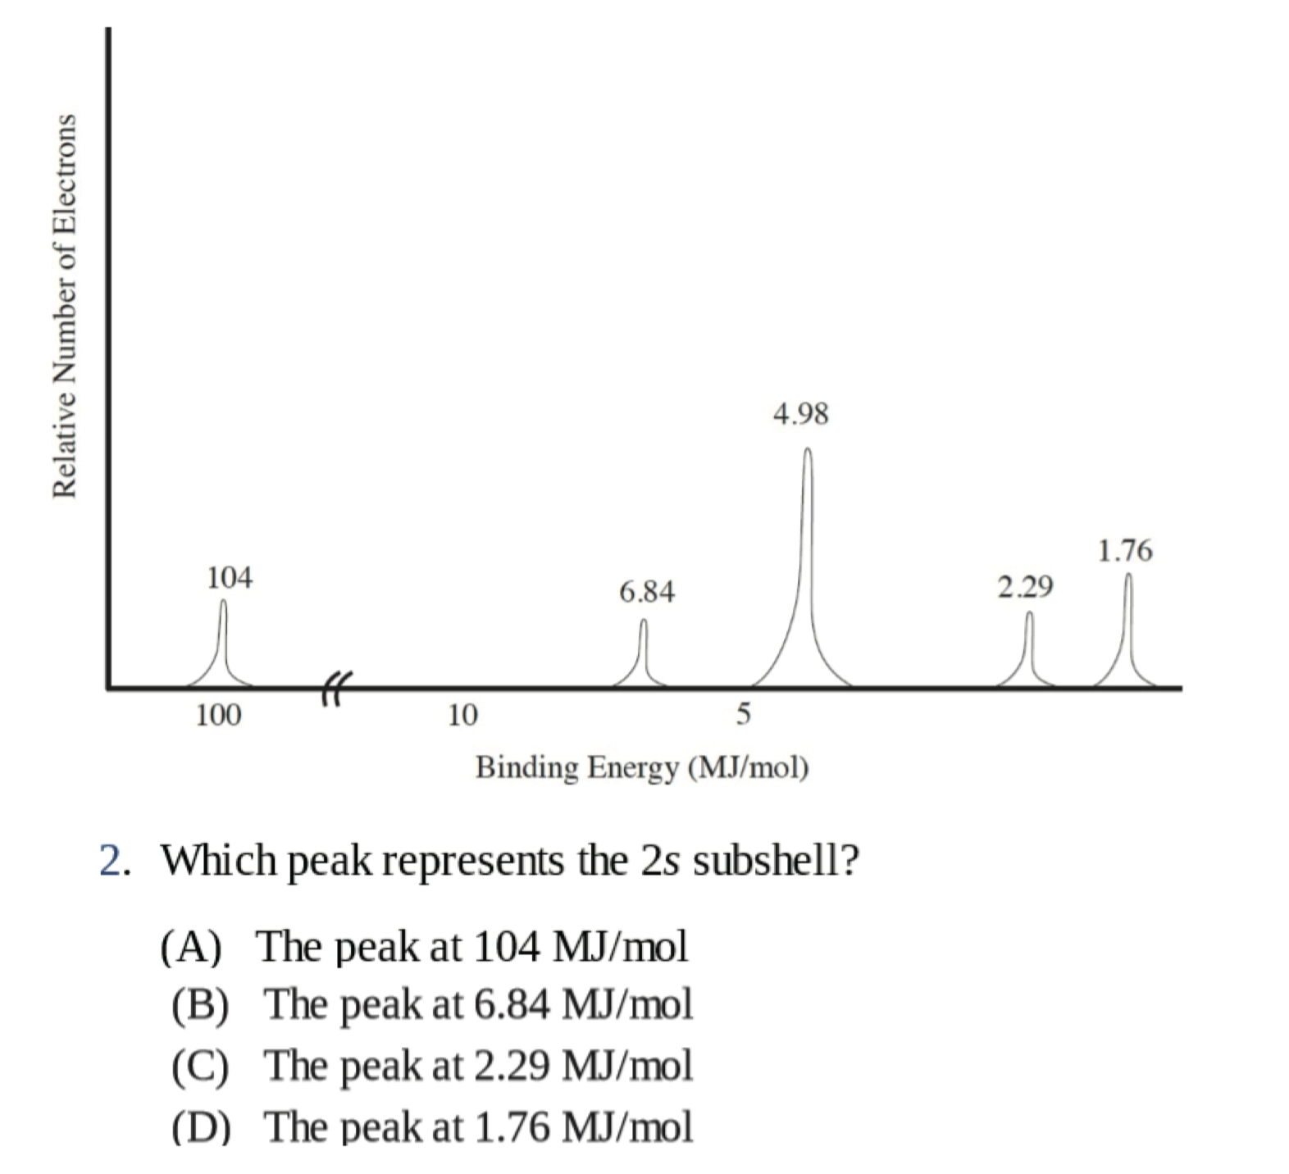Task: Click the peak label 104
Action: click(230, 578)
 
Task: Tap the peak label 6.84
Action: click(647, 591)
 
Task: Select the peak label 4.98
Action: click(801, 414)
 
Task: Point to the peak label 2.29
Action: click(1025, 587)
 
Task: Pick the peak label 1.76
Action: click(1125, 551)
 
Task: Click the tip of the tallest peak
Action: click(808, 450)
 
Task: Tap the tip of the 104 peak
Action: click(223, 602)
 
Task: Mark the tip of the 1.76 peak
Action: click(1128, 576)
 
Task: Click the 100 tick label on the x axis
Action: click(219, 716)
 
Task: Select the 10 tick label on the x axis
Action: click(462, 716)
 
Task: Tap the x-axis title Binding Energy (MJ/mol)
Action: click(642, 768)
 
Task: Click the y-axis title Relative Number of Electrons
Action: click(65, 305)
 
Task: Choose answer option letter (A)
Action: click(191, 948)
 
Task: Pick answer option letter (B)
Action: click(201, 1005)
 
